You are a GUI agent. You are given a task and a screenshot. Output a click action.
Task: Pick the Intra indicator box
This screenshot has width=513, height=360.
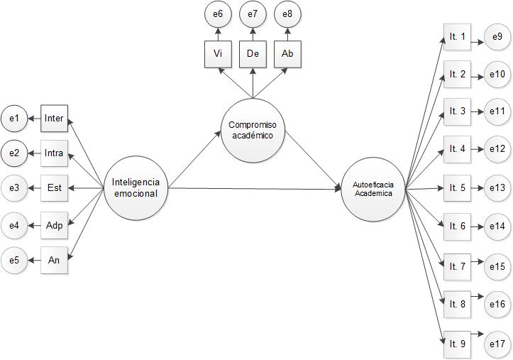click(x=54, y=152)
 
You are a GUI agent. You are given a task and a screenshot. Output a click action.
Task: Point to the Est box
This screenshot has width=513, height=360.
click(x=54, y=188)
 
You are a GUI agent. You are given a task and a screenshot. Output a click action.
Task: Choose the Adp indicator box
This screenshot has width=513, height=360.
click(x=54, y=225)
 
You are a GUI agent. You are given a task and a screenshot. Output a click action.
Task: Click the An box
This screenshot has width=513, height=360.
click(x=54, y=260)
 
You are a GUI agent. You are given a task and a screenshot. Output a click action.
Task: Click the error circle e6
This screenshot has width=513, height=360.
click(x=217, y=13)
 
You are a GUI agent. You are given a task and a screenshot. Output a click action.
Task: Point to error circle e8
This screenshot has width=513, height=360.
click(x=287, y=13)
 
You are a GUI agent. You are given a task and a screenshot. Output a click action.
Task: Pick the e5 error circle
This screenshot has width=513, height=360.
click(x=13, y=261)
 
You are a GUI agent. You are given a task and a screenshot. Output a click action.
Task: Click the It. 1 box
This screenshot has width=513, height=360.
click(x=457, y=36)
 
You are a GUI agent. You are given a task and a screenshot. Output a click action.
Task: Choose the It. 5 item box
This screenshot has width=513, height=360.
click(x=457, y=188)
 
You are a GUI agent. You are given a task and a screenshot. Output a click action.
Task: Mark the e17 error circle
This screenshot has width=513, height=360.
click(x=497, y=344)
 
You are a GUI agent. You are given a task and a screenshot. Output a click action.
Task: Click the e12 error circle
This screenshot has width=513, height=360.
click(x=497, y=149)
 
